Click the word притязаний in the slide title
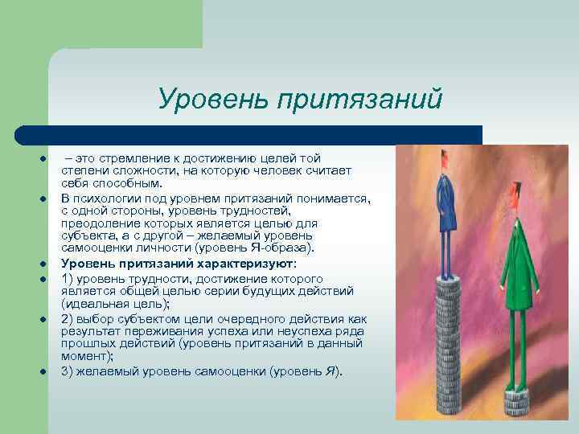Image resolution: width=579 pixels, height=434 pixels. click(x=359, y=100)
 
